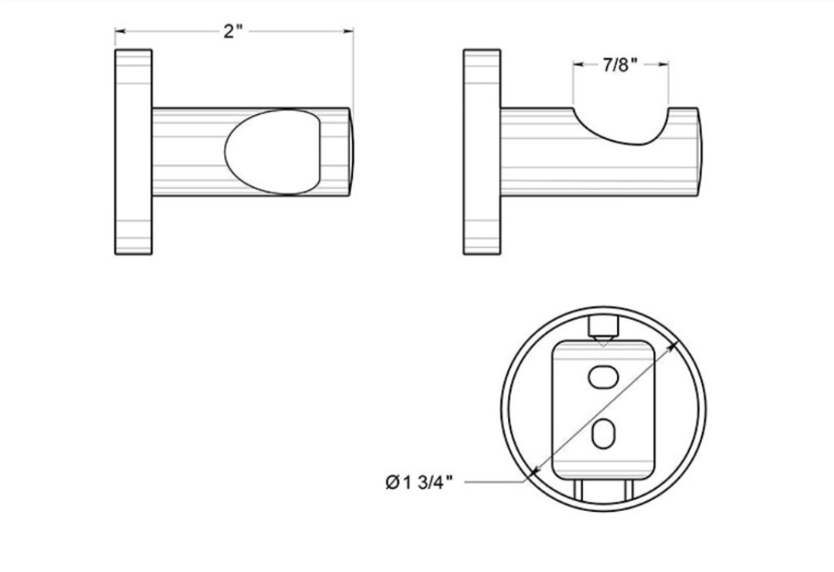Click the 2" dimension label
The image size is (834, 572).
pos(232,32)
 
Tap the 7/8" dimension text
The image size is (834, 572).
pos(620,65)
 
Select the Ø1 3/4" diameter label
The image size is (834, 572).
pos(419,482)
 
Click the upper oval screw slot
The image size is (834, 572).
pos(603,377)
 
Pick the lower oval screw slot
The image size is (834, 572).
pos(603,433)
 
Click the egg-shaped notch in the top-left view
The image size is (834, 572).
pos(273,152)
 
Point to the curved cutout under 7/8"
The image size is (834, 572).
pos(620,127)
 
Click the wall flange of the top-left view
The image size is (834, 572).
pos(134,152)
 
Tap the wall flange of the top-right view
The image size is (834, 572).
pos(482,152)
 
